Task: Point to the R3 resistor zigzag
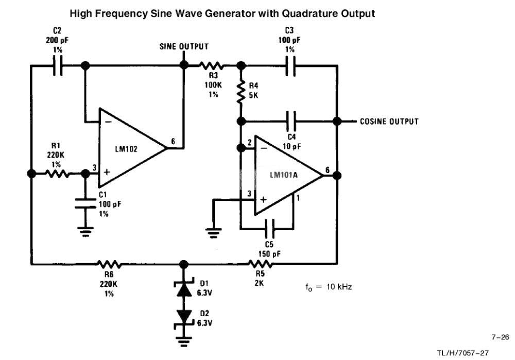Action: pyautogui.click(x=212, y=65)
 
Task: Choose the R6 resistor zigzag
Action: pyautogui.click(x=109, y=264)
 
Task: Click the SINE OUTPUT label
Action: pyautogui.click(x=184, y=46)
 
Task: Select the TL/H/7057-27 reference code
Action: pyautogui.click(x=462, y=353)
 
